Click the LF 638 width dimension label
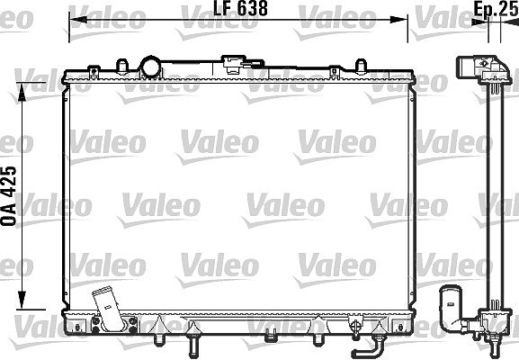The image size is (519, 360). pos(240,8)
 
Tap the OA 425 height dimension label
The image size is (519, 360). pos(9,196)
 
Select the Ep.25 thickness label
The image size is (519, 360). pos(496,8)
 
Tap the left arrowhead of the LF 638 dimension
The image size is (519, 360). pos(77,20)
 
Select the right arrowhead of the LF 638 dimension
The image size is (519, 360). pos(398,20)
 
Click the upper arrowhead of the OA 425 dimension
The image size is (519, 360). pos(22,92)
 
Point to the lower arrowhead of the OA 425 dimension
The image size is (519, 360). pos(22,300)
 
